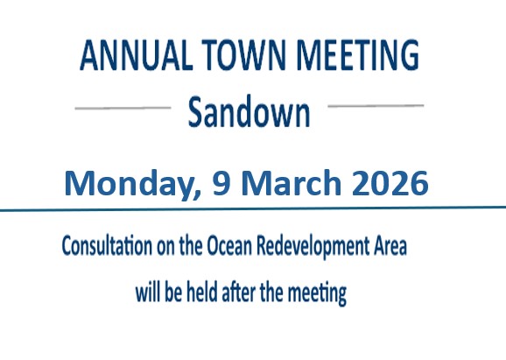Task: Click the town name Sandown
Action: (x=249, y=112)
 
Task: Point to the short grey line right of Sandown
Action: (x=376, y=105)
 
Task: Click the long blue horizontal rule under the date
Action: (x=253, y=208)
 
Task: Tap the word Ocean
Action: (x=232, y=247)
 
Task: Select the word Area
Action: (x=390, y=247)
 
